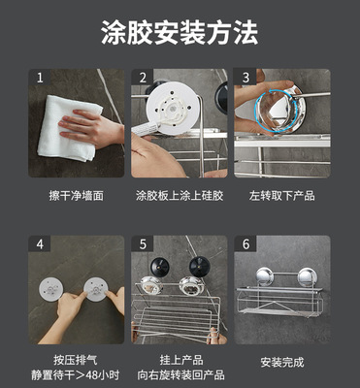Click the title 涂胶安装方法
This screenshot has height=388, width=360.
tap(180, 33)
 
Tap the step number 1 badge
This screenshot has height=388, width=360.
tap(40, 78)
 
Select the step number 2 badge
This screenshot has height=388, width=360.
tap(143, 78)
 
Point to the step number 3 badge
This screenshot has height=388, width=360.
tap(245, 78)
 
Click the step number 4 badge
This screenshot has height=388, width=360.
tap(40, 243)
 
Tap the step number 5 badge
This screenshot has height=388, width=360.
tap(143, 243)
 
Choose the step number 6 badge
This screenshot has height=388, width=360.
tap(245, 243)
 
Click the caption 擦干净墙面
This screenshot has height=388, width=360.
tap(77, 196)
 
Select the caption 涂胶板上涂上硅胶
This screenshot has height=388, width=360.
tap(180, 196)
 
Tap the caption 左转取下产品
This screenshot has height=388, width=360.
tap(282, 196)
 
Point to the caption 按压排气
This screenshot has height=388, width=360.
tap(76, 360)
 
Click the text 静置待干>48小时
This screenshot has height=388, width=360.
tap(76, 375)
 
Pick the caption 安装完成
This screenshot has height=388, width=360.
tap(282, 363)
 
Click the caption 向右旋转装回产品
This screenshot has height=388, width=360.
tap(180, 375)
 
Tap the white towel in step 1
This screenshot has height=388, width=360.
tap(68, 129)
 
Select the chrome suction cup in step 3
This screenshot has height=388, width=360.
tap(280, 109)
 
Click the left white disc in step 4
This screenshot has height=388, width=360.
tap(50, 289)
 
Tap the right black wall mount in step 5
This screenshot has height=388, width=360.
tap(200, 267)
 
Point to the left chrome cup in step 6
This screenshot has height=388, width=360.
tap(265, 276)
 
